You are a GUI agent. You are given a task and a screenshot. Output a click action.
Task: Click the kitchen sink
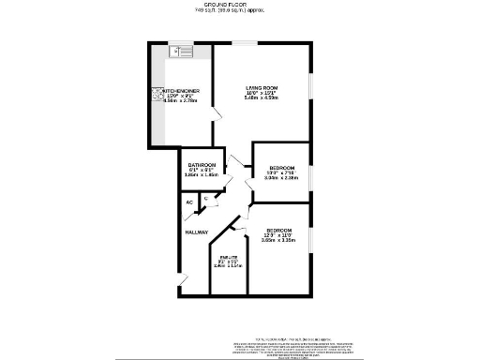[x=180, y=51]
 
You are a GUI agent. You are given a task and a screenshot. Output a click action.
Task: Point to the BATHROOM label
[x=202, y=165]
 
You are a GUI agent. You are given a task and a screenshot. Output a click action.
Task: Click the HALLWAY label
[x=196, y=232]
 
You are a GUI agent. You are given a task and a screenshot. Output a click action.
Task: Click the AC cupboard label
[x=188, y=202]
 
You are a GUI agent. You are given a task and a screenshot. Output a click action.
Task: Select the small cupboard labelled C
[x=205, y=198]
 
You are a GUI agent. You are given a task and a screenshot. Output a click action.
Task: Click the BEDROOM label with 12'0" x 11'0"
[x=278, y=231]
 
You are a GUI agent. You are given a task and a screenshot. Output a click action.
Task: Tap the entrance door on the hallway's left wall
[x=183, y=277]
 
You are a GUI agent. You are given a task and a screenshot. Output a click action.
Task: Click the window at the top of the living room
[x=246, y=42]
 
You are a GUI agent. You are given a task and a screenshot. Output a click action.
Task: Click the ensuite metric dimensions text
[x=228, y=266]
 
